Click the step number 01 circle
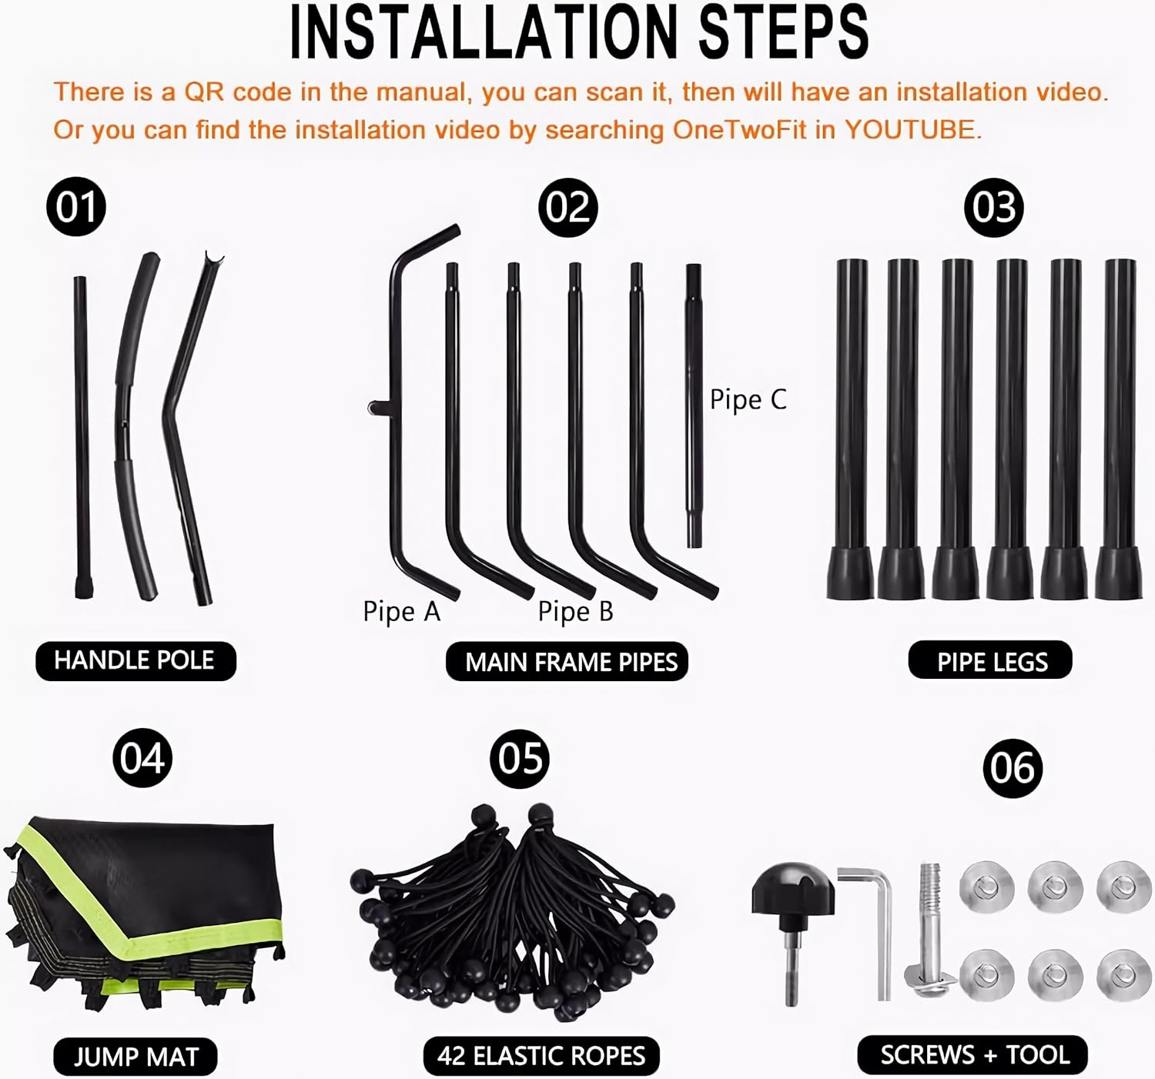[76, 206]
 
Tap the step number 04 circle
[142, 757]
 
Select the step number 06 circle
[1013, 768]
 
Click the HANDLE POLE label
[136, 661]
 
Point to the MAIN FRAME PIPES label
[567, 662]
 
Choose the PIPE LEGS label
[990, 660]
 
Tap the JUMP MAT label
[136, 1057]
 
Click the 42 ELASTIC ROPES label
[541, 1056]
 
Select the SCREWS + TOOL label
[973, 1054]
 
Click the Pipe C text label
[748, 400]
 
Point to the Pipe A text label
[401, 612]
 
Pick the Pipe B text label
[575, 612]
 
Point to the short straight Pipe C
[693, 406]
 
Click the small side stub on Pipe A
[379, 408]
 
